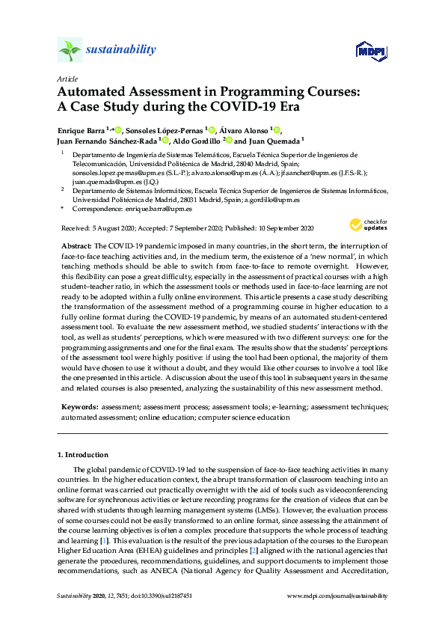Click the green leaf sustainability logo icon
[x=70, y=49]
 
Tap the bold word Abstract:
[x=76, y=246]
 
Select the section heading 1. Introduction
[x=82, y=454]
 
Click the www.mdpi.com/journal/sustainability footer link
[x=337, y=596]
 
